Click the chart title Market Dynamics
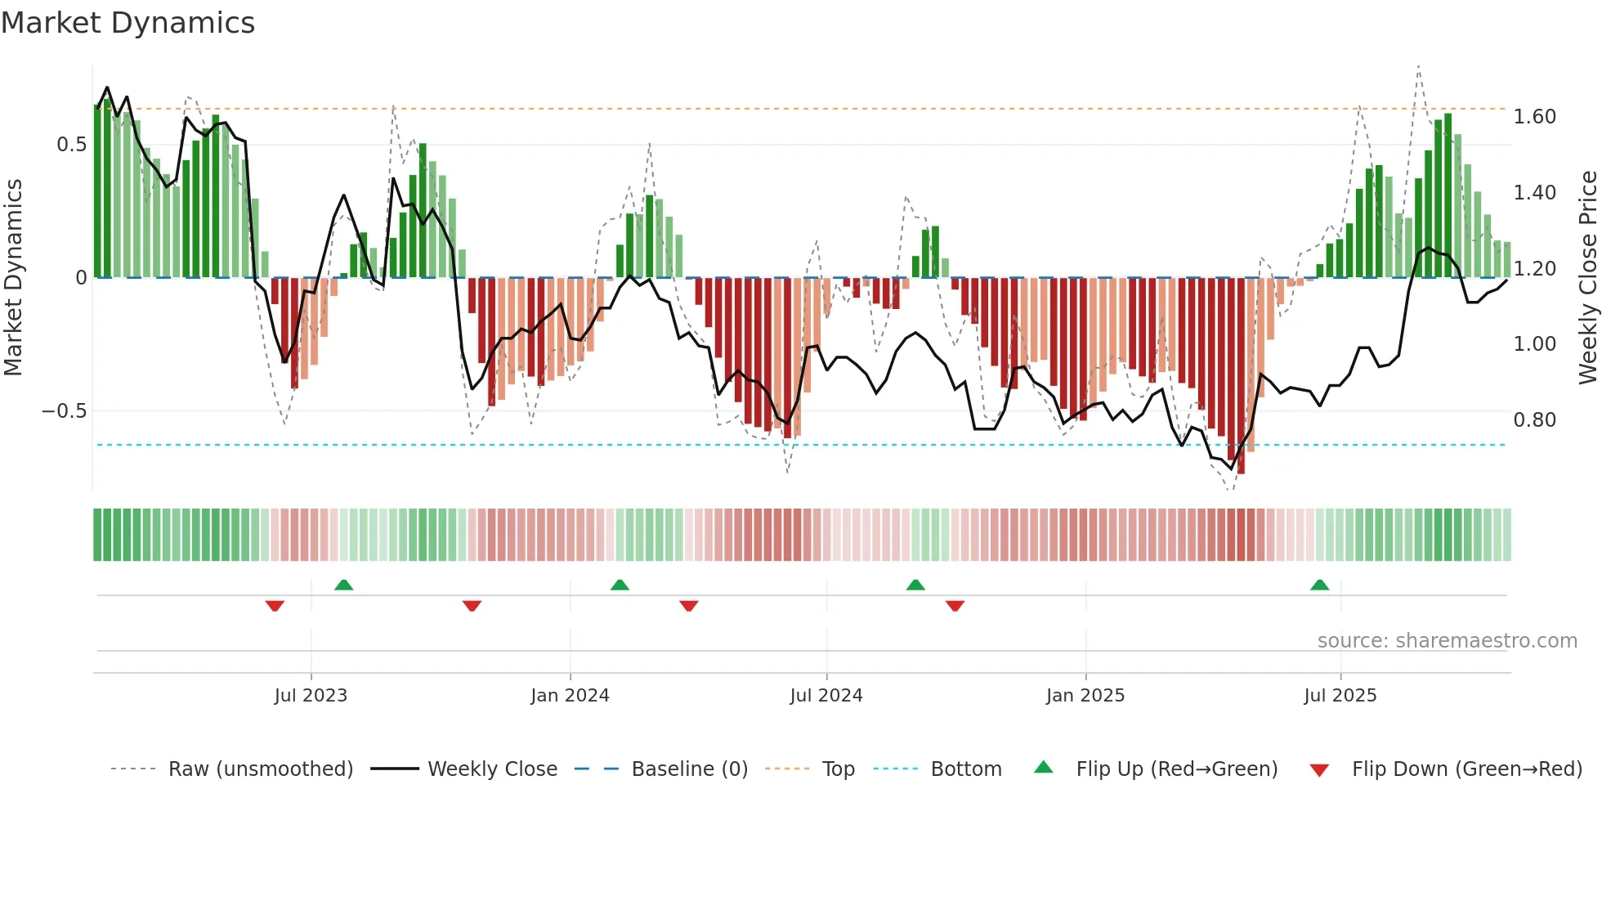128,23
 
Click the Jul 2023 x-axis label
311,696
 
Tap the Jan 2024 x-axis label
570,696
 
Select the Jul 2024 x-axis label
826,696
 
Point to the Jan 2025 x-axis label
1085,696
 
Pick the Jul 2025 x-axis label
1340,696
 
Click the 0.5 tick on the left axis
71,145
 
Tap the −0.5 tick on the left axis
64,410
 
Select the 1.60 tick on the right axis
1534,117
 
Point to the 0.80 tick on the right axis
1534,420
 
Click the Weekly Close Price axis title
1587,277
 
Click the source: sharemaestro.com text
1447,641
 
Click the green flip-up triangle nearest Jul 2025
1320,585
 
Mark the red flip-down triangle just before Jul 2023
275,606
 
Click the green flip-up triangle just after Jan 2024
620,585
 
